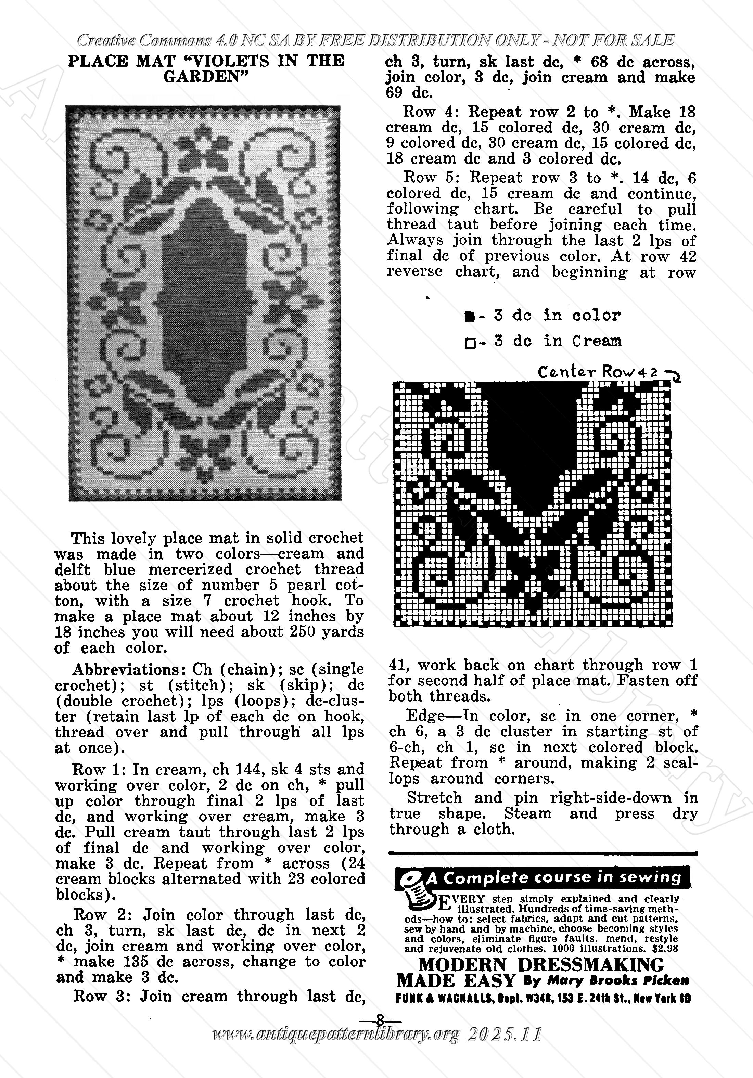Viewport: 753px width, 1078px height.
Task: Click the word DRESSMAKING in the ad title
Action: point(591,964)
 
